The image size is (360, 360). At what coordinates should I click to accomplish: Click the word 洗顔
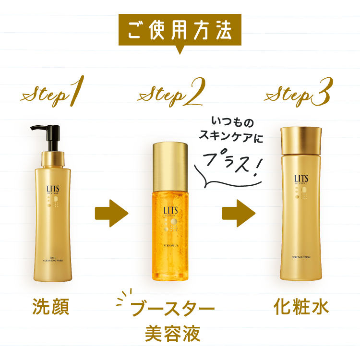click(51, 307)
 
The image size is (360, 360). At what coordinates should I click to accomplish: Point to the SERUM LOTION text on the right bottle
click(301, 258)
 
